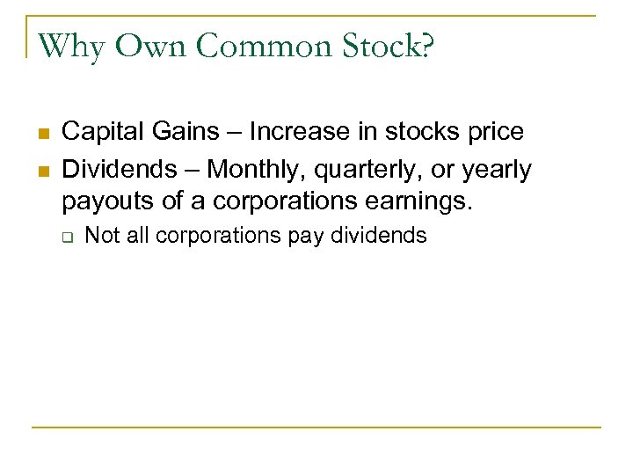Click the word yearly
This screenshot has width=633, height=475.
497,169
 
